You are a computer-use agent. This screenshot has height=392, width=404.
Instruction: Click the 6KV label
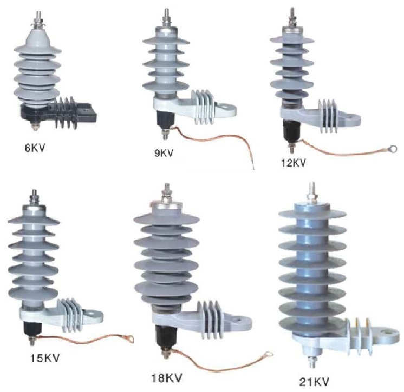[35, 148]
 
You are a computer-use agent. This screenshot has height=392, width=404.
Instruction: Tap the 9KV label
[164, 153]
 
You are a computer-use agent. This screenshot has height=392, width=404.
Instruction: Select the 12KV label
[294, 163]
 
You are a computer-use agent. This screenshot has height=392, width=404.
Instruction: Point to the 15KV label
[45, 358]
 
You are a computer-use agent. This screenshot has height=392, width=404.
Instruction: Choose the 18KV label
[166, 378]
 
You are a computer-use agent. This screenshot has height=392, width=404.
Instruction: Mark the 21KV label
[314, 382]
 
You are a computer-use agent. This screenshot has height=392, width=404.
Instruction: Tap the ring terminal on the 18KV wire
[268, 355]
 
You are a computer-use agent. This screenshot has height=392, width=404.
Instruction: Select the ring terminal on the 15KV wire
[130, 338]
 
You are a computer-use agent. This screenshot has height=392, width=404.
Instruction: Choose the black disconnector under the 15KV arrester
[32, 330]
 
